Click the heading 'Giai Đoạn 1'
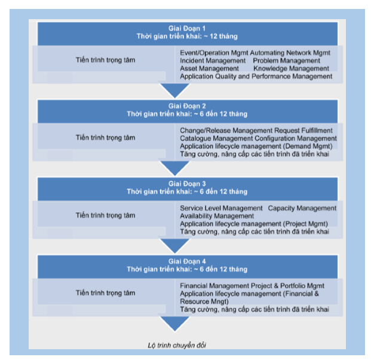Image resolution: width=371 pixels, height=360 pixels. (x=187, y=29)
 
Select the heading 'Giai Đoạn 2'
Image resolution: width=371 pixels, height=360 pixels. (x=187, y=106)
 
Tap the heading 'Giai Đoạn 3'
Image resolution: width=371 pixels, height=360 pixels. (x=187, y=184)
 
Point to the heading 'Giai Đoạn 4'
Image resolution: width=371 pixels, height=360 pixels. (x=187, y=261)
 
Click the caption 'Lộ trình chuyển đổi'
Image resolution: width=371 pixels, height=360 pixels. (x=177, y=345)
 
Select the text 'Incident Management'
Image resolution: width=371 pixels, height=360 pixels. (x=213, y=60)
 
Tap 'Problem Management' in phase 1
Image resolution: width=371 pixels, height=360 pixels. (x=286, y=60)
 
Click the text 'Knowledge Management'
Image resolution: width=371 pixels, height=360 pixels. (x=291, y=68)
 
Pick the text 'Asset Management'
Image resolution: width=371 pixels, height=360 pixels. (x=209, y=68)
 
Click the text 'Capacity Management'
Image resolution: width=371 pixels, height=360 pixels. (x=302, y=208)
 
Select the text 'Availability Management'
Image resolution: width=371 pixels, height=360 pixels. (x=217, y=216)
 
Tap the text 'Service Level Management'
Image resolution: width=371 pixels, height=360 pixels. (x=221, y=208)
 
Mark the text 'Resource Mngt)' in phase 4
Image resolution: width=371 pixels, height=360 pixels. (x=204, y=301)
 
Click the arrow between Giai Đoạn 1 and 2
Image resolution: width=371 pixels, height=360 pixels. (x=175, y=90)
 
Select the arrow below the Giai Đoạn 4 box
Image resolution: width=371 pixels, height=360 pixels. (x=175, y=324)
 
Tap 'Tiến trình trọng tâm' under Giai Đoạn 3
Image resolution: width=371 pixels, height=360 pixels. (x=105, y=215)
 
